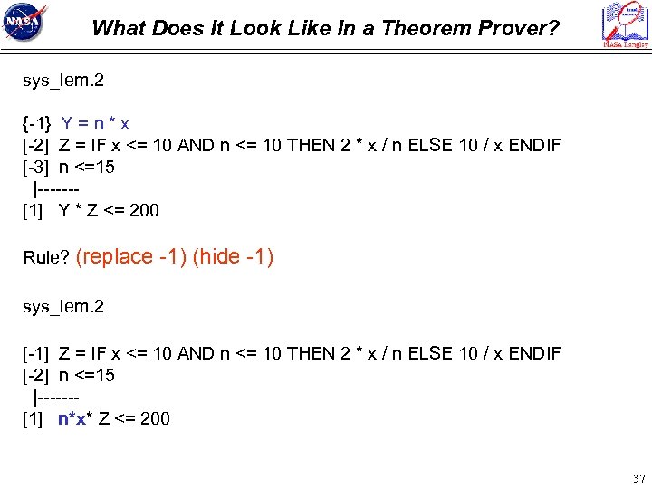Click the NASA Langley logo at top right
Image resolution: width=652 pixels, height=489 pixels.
click(626, 24)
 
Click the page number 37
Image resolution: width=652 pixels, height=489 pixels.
click(638, 477)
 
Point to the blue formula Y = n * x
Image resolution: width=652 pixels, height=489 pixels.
click(95, 123)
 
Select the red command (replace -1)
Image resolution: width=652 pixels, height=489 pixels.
click(132, 256)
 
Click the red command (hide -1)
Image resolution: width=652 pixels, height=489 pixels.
click(233, 256)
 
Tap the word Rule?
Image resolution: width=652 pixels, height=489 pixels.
click(46, 258)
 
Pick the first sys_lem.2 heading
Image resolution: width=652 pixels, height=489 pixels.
click(63, 81)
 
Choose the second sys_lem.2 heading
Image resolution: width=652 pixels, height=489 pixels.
click(63, 306)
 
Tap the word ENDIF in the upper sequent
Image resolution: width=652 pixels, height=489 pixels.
click(534, 145)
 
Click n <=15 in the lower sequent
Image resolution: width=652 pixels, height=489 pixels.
click(87, 375)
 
